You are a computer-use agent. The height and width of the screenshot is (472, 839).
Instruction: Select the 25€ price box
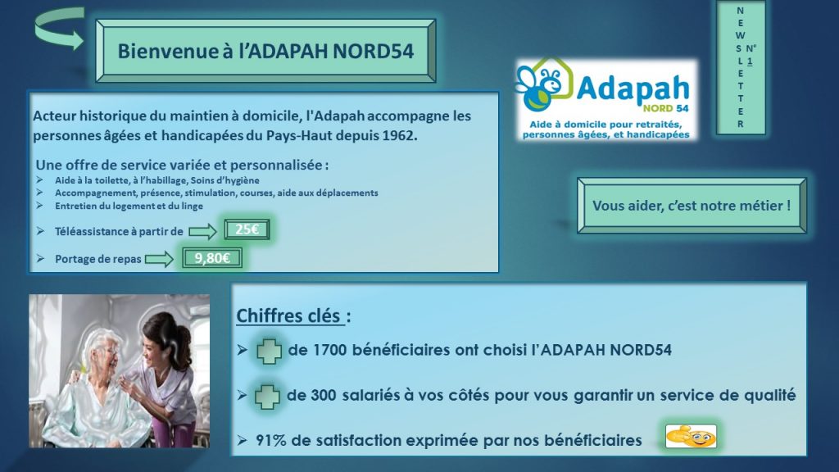tap(247, 229)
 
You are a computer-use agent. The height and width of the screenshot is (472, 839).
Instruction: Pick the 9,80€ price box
tap(212, 258)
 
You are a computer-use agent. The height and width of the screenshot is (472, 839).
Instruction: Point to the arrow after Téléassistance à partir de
tap(203, 232)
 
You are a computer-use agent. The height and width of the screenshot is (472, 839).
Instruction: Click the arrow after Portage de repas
tap(160, 259)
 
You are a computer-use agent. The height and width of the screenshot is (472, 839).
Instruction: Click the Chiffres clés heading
tap(293, 315)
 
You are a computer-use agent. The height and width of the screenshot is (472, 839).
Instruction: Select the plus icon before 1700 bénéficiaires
tap(269, 351)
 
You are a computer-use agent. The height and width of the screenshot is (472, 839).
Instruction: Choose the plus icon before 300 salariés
tap(267, 397)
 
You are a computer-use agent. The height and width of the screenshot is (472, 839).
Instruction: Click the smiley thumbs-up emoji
tap(691, 436)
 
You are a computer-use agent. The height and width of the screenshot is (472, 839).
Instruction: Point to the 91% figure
tap(270, 440)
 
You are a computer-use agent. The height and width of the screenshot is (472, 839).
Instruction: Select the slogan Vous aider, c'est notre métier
tap(692, 206)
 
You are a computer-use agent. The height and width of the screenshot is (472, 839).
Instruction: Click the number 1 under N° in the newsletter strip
tap(750, 61)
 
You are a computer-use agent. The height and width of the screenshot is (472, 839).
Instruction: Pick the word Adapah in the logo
tap(633, 88)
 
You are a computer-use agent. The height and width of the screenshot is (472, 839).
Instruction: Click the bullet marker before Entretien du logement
tap(39, 206)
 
